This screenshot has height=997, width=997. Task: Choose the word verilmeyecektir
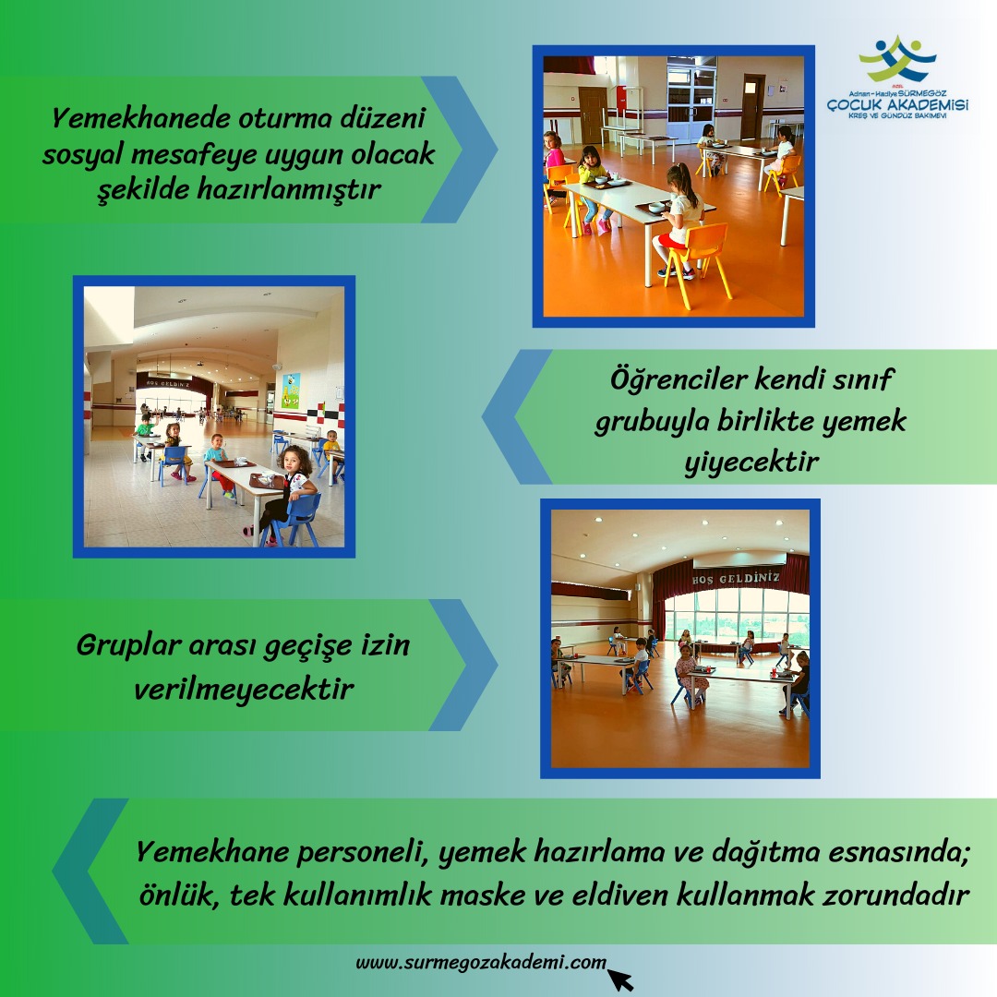(x=244, y=689)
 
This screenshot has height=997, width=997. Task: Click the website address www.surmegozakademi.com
(x=481, y=962)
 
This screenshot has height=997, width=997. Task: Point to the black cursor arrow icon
(x=620, y=979)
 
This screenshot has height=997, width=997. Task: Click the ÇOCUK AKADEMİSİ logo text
(x=898, y=104)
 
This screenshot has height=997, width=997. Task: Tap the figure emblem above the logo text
(x=898, y=58)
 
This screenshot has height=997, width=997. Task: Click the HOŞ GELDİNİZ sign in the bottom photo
(x=736, y=579)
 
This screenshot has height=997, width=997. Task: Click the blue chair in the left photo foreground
(x=294, y=518)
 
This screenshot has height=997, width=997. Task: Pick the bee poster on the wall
(x=291, y=390)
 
